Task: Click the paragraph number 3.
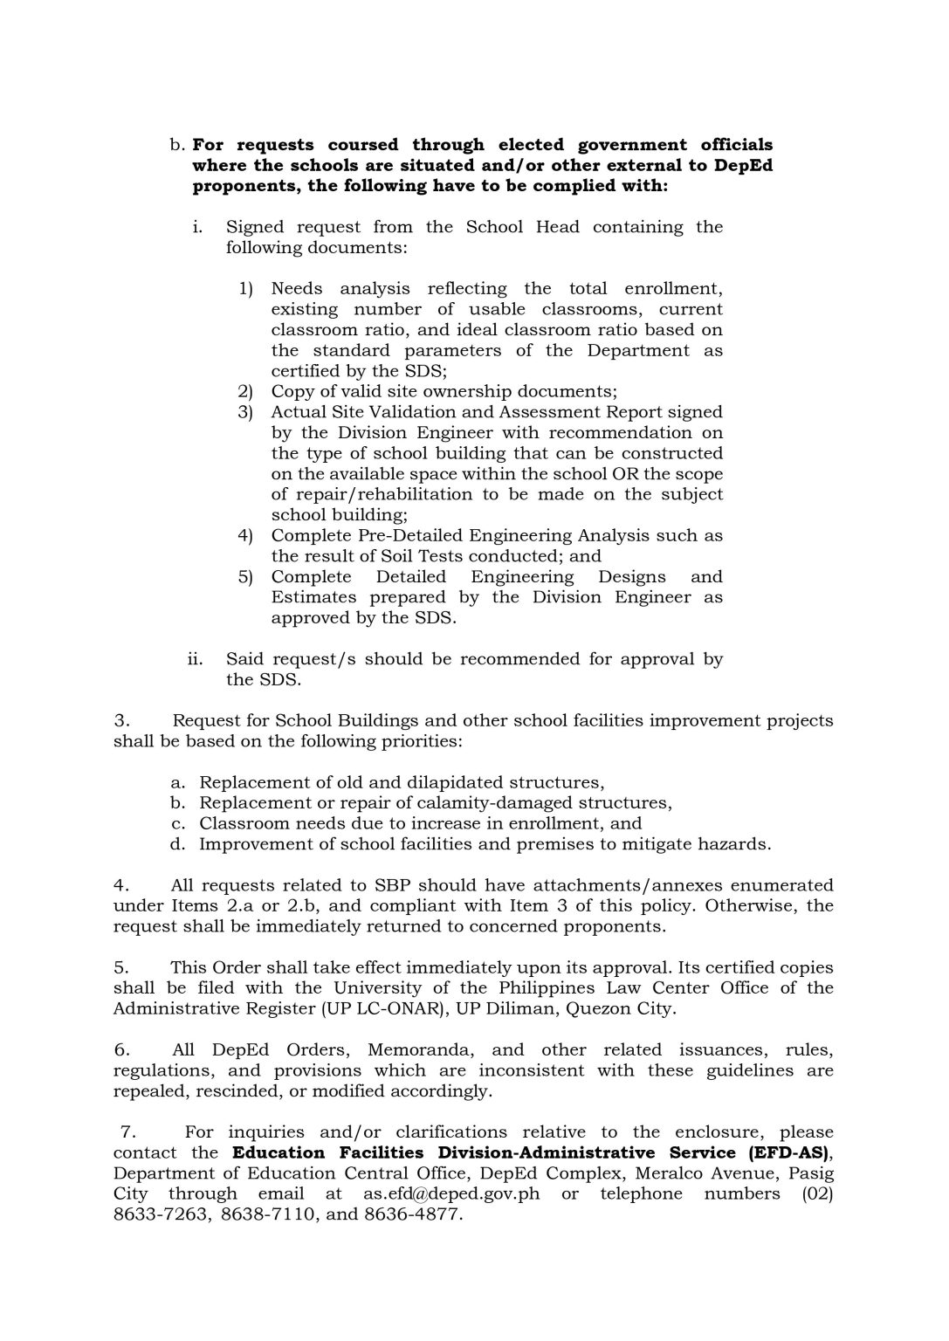(122, 721)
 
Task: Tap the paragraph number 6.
(122, 1050)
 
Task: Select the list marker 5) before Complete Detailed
(245, 577)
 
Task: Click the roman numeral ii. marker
(196, 659)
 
